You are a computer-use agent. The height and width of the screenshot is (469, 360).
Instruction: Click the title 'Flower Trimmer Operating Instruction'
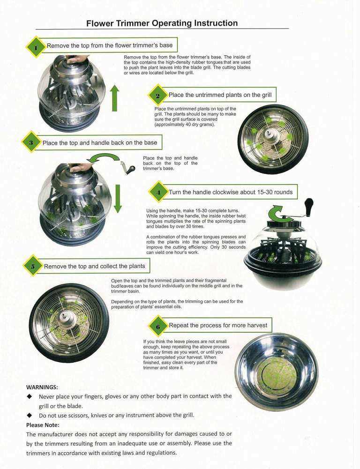(x=162, y=23)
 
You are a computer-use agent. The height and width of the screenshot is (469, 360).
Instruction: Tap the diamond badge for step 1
(x=36, y=47)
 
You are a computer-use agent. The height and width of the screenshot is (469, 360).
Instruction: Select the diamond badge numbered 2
(x=157, y=96)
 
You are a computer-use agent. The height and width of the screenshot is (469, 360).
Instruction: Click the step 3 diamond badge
(x=31, y=142)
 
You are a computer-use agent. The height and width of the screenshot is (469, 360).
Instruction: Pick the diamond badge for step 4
(x=158, y=192)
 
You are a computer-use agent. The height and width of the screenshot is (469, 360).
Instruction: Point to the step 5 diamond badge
(x=33, y=266)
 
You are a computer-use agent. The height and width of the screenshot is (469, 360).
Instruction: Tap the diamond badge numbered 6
(x=158, y=326)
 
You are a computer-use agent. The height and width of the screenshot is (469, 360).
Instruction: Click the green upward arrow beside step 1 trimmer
(x=114, y=98)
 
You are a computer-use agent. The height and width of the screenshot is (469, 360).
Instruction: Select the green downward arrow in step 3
(x=118, y=199)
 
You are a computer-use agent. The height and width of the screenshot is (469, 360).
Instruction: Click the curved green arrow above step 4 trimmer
(x=277, y=213)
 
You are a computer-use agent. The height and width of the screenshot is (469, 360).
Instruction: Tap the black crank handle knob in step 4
(x=308, y=205)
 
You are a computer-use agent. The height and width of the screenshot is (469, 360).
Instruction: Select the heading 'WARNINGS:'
(x=42, y=387)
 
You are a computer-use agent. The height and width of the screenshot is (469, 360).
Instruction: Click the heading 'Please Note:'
(x=43, y=425)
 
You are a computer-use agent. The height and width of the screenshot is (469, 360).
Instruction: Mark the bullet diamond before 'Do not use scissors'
(x=30, y=415)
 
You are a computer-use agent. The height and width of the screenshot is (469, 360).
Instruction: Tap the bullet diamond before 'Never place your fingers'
(x=30, y=396)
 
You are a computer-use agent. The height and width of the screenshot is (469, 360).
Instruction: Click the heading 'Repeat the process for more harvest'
(x=218, y=325)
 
